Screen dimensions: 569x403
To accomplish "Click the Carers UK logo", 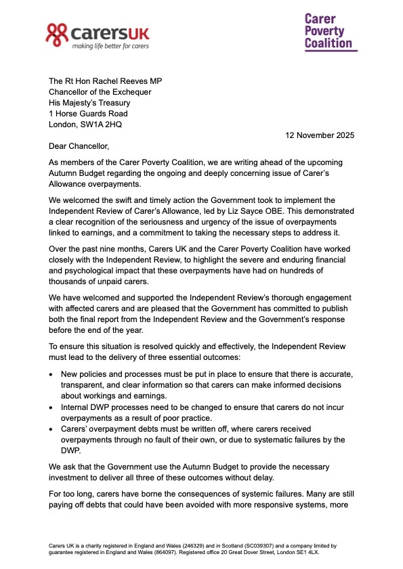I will coord(98,35).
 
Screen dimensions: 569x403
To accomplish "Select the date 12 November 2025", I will coord(318,135).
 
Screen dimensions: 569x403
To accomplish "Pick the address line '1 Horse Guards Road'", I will coord(88,114).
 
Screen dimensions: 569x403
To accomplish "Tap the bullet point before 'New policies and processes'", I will coord(52,374).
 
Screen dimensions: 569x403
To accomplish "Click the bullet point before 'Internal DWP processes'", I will coord(52,407).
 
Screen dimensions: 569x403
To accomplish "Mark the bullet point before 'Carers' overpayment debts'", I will coord(52,428).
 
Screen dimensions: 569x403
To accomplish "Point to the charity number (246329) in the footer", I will coord(175,545).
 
